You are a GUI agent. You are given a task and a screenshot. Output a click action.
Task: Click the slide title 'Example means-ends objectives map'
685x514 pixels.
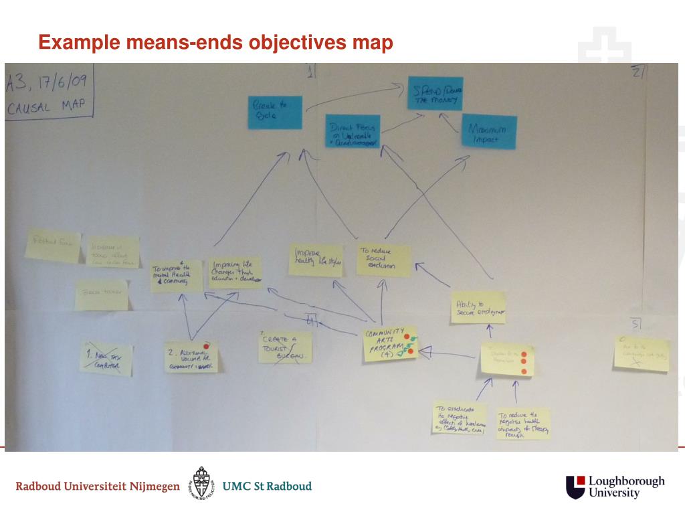pos(215,43)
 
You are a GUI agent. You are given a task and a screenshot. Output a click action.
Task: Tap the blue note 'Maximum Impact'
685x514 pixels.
pos(489,132)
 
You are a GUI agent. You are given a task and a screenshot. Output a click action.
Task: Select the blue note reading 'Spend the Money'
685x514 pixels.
pos(435,94)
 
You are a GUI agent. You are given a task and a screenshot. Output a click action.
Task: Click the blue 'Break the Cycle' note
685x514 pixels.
pos(275,112)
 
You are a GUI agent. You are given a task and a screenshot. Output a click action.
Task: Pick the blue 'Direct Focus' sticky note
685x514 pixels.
pos(353,131)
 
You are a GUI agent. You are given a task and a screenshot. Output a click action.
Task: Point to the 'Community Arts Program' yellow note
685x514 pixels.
pos(390,343)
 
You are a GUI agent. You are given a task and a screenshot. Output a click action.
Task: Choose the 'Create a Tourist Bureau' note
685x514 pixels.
pos(284,347)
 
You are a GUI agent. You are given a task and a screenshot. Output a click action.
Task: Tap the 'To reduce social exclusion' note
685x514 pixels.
pos(383,260)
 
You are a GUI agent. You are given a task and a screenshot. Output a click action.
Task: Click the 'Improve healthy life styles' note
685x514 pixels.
pos(315,260)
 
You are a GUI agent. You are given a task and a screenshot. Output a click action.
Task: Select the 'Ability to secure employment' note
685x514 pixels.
pos(478,307)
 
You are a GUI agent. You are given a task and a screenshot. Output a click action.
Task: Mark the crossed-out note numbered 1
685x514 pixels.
pos(106,358)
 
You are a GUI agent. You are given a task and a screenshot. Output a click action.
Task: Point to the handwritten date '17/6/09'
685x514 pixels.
pos(64,84)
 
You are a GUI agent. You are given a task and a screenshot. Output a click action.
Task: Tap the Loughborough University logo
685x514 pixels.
pos(615,487)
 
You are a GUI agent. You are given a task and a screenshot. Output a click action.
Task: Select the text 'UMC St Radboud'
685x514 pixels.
pos(267,486)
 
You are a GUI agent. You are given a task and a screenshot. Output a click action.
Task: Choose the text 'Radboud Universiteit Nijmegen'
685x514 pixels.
pos(98,487)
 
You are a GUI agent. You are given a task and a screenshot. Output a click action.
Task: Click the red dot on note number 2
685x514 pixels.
pos(207,346)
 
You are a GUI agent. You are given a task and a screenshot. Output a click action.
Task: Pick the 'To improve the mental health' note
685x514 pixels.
pos(176,274)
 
